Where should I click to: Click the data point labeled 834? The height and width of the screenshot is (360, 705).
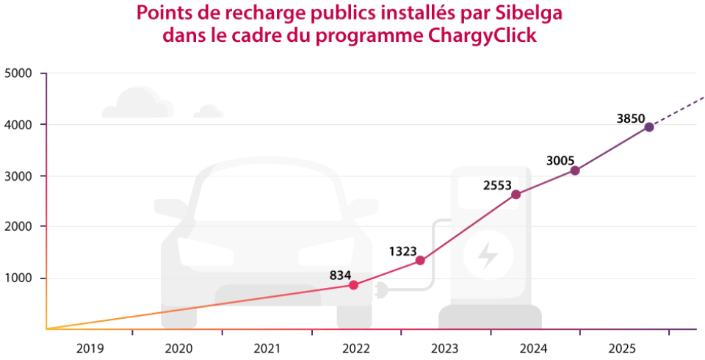353,285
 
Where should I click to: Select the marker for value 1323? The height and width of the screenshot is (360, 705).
420,260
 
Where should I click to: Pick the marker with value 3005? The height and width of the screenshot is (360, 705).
575,170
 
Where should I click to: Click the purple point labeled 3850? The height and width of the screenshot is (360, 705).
649,127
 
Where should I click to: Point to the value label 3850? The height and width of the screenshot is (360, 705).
631,118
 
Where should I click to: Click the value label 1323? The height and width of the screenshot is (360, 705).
405,251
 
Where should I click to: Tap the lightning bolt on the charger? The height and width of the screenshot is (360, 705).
487,255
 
